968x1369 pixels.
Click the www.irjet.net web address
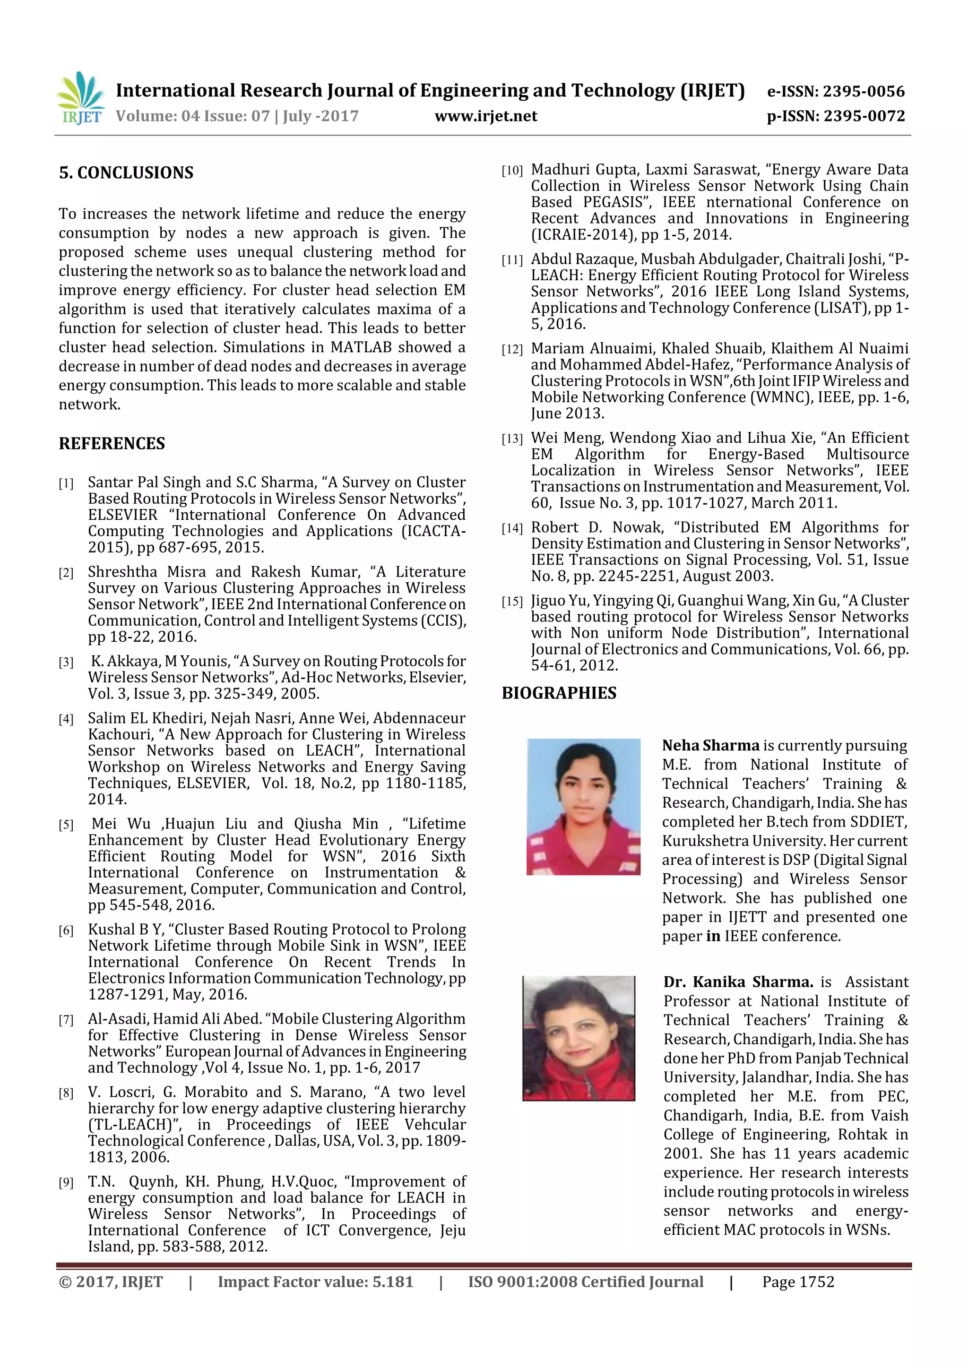click(x=485, y=116)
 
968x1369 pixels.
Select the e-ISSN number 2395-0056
click(x=863, y=91)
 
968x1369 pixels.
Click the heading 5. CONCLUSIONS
click(x=126, y=173)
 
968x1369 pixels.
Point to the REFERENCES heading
click(x=112, y=444)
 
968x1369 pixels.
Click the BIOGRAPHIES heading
click(x=559, y=693)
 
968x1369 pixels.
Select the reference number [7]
click(x=66, y=1020)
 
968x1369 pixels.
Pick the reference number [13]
click(x=512, y=439)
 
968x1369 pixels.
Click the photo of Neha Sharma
click(x=583, y=807)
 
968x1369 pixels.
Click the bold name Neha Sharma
click(x=710, y=745)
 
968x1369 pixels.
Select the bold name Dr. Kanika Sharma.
click(x=738, y=982)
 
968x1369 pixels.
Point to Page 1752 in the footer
click(x=797, y=1282)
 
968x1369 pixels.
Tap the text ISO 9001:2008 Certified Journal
click(x=585, y=1282)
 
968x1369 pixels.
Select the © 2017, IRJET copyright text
click(x=111, y=1282)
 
